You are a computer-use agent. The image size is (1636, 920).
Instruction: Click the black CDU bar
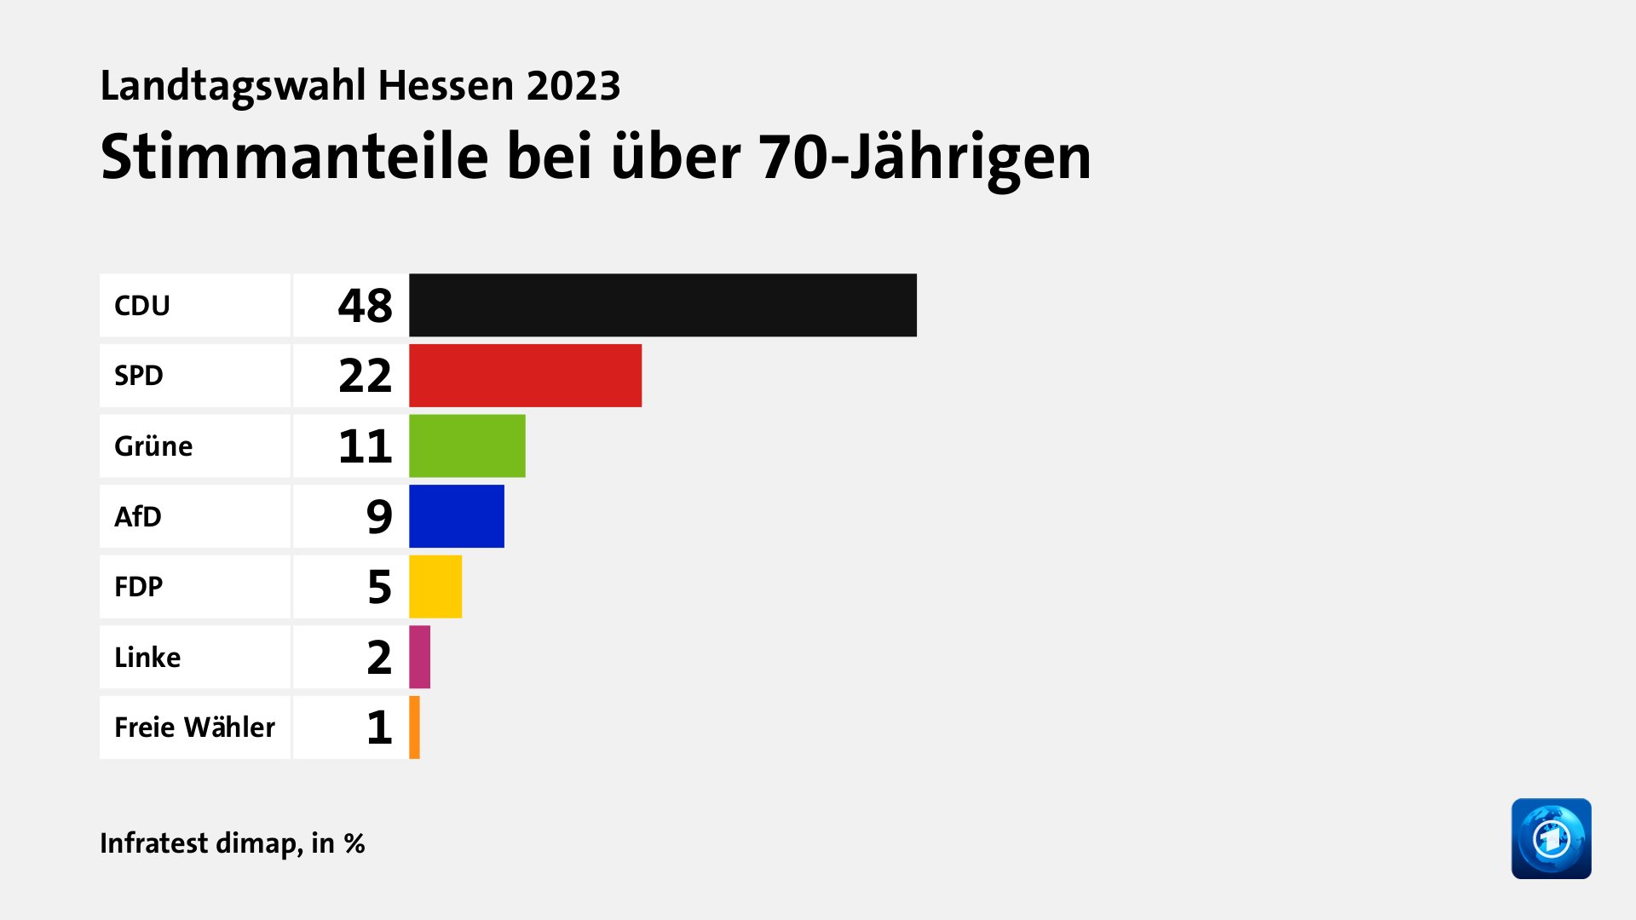pos(662,305)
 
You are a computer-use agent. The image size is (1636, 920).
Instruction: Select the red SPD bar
pos(525,376)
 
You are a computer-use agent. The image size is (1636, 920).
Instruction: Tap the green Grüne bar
pos(467,446)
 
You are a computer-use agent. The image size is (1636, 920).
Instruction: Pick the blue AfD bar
pos(457,516)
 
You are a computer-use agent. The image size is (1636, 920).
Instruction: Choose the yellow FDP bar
pos(435,587)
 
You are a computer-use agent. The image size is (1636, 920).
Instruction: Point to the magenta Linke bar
pos(419,657)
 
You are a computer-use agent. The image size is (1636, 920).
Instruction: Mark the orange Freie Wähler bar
pos(414,727)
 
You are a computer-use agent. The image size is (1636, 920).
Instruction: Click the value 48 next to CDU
pos(365,305)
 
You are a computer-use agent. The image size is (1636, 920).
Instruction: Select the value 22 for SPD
pos(365,376)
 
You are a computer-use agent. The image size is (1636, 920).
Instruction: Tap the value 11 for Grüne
pos(365,446)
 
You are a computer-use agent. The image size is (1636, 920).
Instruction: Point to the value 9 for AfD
pos(379,516)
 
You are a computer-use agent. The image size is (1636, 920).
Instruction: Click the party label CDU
pos(142,305)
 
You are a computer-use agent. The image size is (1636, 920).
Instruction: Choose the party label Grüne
pos(153,446)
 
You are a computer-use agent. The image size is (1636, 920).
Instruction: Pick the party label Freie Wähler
pos(194,727)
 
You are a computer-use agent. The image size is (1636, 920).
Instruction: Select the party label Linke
pos(147,657)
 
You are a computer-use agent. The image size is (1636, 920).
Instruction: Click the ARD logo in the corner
pos(1551,838)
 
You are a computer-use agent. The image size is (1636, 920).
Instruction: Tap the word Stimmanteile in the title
pos(295,157)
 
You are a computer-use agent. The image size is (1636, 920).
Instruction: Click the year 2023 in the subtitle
pos(573,85)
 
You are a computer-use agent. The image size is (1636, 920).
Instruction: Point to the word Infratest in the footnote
pos(153,842)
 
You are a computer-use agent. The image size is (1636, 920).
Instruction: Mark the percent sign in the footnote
pos(354,843)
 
